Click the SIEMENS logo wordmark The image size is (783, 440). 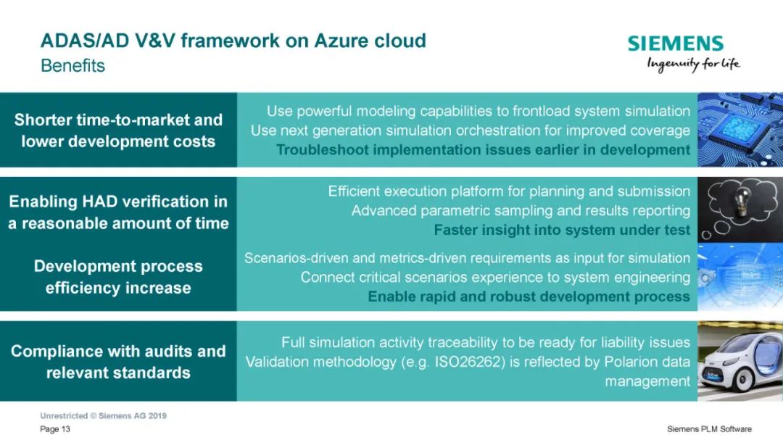tap(675, 43)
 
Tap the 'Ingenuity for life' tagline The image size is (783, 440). tap(693, 65)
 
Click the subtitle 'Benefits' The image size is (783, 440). tap(73, 65)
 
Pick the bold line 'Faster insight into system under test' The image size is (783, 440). tap(562, 230)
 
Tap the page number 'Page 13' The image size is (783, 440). tap(55, 429)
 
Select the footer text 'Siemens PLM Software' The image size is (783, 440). tap(709, 429)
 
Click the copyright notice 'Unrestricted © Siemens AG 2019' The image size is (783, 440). tap(104, 415)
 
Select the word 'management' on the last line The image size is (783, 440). tap(647, 381)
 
